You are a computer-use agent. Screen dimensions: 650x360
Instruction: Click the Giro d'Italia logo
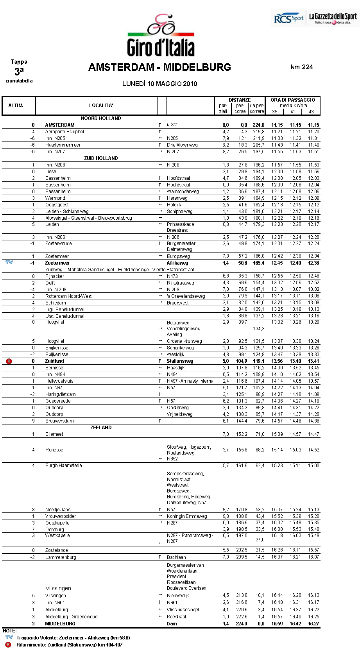coord(161,36)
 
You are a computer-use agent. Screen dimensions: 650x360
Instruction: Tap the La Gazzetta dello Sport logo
coord(333,18)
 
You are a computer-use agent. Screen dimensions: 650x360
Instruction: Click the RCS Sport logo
coord(288,18)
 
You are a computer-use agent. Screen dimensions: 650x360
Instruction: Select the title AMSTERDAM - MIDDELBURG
coord(159,67)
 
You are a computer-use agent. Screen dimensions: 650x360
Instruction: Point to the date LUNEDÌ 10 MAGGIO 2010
coord(159,84)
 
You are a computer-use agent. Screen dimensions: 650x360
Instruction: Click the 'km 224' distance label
coord(302,67)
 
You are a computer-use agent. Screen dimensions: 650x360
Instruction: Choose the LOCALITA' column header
coord(101,106)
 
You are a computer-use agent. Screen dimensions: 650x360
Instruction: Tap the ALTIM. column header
coord(16,106)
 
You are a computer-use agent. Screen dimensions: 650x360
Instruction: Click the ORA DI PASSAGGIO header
coord(293,100)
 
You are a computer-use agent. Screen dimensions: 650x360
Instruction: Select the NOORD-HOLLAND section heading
coord(101,118)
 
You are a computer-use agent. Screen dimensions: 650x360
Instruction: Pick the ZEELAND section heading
coord(101,428)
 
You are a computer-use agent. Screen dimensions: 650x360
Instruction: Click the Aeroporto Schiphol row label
coord(64,132)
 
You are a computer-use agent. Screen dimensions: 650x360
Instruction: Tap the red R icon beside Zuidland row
coord(9,361)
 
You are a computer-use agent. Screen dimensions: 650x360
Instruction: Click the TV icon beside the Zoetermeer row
coord(9,263)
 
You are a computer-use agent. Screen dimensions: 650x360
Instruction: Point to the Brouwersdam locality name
coord(59,421)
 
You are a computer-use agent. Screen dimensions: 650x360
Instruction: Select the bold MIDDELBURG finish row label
coord(60,624)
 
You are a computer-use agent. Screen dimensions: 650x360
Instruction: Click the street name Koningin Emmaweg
coord(187,516)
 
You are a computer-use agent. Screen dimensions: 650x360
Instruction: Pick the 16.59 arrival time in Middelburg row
coord(277,624)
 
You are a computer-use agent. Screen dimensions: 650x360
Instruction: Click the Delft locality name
coord(50,283)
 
